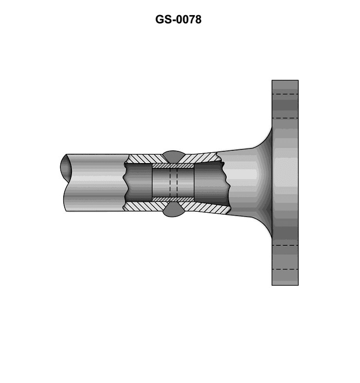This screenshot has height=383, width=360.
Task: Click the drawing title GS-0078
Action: pos(178,19)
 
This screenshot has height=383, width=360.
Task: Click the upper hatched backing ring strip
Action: pos(173,166)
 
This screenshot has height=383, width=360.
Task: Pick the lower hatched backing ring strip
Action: pos(173,199)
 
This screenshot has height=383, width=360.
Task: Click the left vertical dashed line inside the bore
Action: pos(170,182)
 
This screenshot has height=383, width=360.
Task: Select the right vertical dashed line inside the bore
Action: pos(177,182)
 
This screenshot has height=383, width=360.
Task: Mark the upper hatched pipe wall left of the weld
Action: pos(145,159)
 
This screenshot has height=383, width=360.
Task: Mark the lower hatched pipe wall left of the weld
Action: pos(145,206)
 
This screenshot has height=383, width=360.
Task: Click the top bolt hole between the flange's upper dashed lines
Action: pos(285,106)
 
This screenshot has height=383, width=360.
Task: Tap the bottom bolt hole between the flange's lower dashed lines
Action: pos(285,257)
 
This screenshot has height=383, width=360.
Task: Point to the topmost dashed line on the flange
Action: pos(285,94)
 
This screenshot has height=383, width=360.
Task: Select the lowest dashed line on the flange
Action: pos(285,270)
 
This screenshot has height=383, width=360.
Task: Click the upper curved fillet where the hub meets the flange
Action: pos(265,139)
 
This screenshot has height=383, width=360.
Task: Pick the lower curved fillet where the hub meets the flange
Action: pos(265,226)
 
